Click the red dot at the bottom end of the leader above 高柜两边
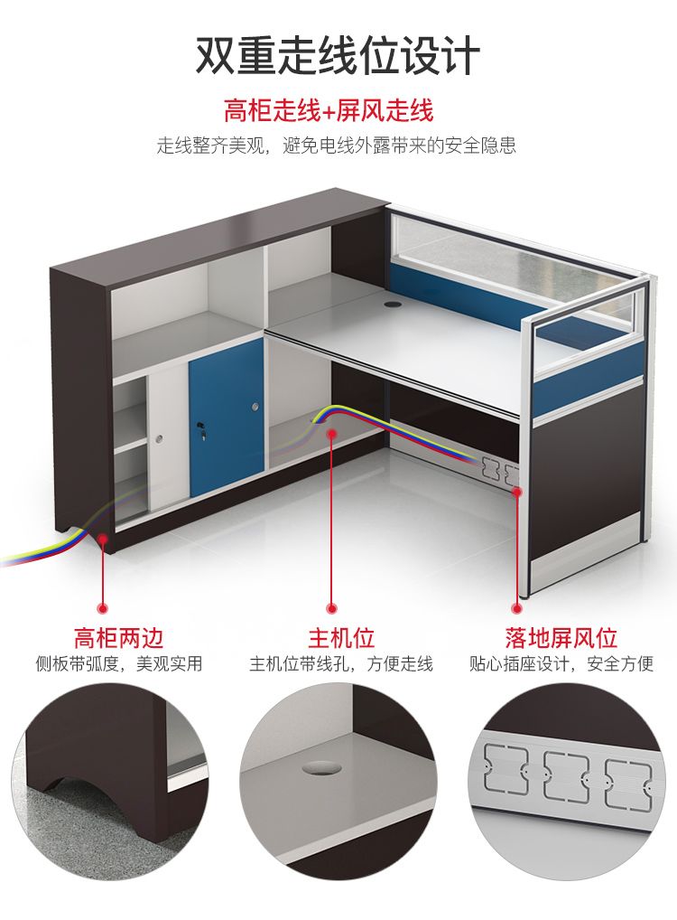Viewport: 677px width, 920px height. click(x=103, y=608)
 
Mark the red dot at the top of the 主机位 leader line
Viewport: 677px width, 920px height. click(x=332, y=434)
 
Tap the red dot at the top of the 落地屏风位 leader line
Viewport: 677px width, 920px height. click(x=517, y=492)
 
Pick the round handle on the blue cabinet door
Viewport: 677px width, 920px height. click(x=255, y=407)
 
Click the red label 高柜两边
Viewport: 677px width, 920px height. click(x=118, y=638)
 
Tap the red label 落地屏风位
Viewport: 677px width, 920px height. click(x=561, y=638)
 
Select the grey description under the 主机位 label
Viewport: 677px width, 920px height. click(x=341, y=663)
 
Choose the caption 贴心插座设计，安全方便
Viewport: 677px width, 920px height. click(x=561, y=663)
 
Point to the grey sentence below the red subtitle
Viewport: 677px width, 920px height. click(x=337, y=145)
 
